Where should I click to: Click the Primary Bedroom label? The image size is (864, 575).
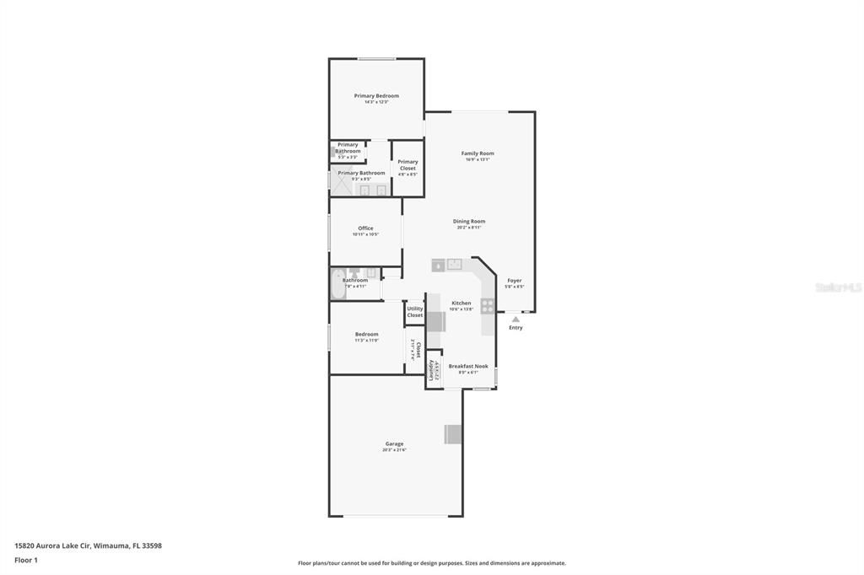click(x=376, y=96)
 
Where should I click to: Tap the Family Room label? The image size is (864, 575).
click(x=478, y=153)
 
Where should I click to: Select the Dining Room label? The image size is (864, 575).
click(x=469, y=222)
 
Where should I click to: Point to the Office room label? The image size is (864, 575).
click(x=365, y=228)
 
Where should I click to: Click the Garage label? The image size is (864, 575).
click(x=394, y=444)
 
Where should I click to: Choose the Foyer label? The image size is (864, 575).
click(x=514, y=281)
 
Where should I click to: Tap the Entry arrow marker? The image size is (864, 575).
click(x=516, y=320)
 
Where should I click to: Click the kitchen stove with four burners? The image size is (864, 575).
click(x=488, y=306)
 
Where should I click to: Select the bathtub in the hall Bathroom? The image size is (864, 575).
click(x=337, y=284)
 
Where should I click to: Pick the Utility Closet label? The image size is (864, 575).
click(x=415, y=311)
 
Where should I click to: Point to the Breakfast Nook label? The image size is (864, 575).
click(x=468, y=367)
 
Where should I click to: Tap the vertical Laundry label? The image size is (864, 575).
click(x=431, y=370)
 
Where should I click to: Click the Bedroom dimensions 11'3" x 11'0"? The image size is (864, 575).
click(x=366, y=341)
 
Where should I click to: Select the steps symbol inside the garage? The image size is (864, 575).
click(x=454, y=433)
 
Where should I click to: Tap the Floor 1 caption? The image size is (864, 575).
click(x=26, y=560)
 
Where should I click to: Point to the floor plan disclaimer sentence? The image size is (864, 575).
click(x=431, y=563)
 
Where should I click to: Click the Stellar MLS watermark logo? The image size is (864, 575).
click(x=838, y=287)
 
